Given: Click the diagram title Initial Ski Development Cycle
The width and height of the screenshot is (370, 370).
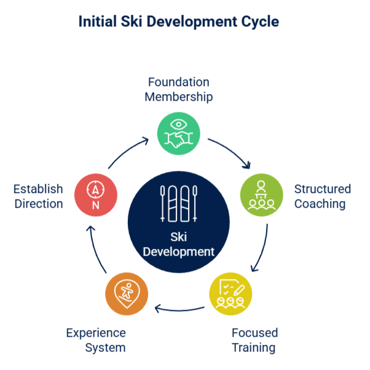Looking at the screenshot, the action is [x=178, y=22].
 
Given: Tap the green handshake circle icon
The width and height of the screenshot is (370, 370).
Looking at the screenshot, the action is [x=178, y=133].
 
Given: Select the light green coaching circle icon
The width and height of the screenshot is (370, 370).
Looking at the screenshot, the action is [x=261, y=196].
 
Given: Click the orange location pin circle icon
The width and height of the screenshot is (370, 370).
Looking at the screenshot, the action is [x=127, y=294].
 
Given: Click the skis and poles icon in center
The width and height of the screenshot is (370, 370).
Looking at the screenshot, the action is [x=178, y=203].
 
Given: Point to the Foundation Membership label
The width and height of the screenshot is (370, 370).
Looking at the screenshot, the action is [x=178, y=89].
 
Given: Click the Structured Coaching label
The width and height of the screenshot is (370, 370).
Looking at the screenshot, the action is [x=322, y=196].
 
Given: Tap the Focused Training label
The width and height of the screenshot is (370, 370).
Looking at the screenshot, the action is [x=254, y=340].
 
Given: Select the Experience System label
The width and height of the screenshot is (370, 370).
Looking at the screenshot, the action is [x=96, y=340].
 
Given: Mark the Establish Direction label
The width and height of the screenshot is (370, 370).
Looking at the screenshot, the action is [x=38, y=196].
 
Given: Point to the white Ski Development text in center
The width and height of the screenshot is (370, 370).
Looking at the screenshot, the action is [x=178, y=244].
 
